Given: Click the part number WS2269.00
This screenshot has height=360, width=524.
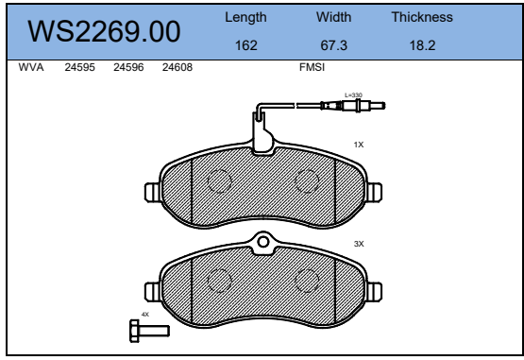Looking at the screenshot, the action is pyautogui.click(x=104, y=31).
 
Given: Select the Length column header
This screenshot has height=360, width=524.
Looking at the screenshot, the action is pyautogui.click(x=245, y=17).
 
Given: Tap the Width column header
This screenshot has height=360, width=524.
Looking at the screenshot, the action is pyautogui.click(x=334, y=17).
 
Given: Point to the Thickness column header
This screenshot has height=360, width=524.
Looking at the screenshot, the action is pyautogui.click(x=422, y=17).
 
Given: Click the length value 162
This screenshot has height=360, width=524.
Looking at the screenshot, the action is pyautogui.click(x=246, y=45).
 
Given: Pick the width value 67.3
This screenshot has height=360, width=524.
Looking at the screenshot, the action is pyautogui.click(x=334, y=45).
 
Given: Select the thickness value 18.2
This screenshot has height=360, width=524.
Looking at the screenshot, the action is pyautogui.click(x=422, y=45).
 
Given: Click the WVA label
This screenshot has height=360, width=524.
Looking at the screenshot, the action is pyautogui.click(x=31, y=67).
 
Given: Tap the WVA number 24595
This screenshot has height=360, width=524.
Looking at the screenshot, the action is pyautogui.click(x=79, y=67).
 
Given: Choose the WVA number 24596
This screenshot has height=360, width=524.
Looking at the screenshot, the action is pyautogui.click(x=128, y=67).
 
